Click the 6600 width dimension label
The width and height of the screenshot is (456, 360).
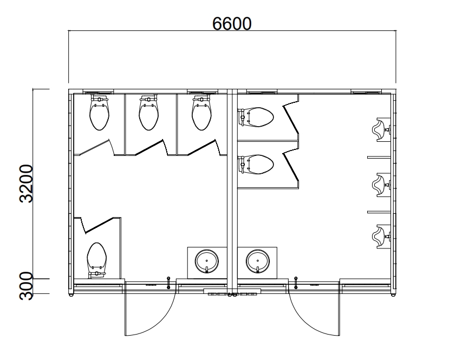click(x=232, y=24)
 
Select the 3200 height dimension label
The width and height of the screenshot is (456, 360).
click(x=26, y=184)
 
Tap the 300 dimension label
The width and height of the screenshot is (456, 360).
click(x=26, y=286)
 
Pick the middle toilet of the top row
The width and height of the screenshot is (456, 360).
click(x=148, y=113)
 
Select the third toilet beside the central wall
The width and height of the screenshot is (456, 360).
click(x=201, y=113)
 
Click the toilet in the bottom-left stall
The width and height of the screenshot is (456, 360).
click(x=97, y=260)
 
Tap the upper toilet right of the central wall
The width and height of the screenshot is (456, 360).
click(x=256, y=117)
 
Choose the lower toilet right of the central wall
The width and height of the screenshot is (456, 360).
click(x=256, y=164)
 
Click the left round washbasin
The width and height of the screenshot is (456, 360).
click(x=207, y=261)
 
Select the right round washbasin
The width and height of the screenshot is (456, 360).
click(x=258, y=261)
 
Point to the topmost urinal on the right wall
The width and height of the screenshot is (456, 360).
click(x=381, y=130)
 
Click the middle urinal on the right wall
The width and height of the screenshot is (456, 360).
click(x=381, y=185)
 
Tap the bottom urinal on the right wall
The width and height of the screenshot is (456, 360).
click(x=381, y=237)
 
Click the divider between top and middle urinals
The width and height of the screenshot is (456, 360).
click(x=379, y=158)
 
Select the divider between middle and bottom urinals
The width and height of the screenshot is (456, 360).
click(x=379, y=212)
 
